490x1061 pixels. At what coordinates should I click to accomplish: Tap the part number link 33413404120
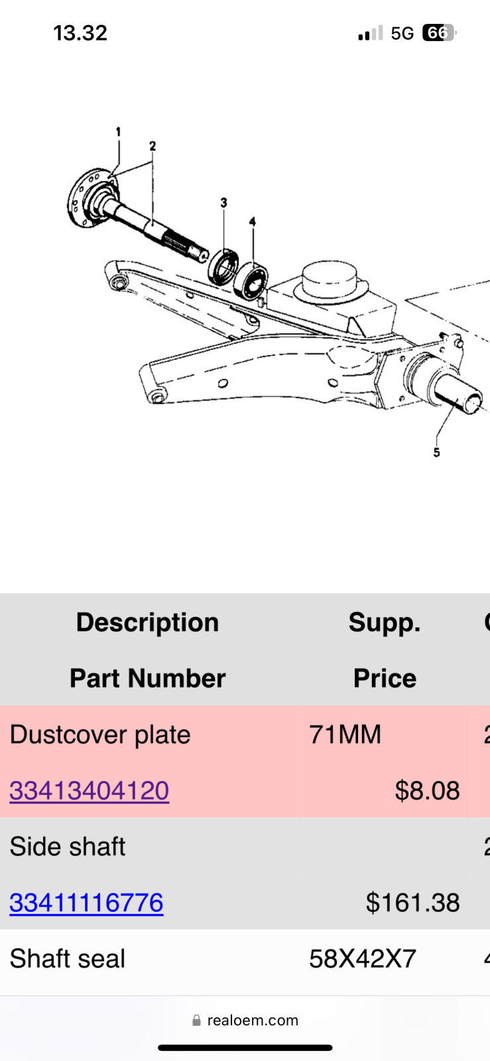pyautogui.click(x=89, y=790)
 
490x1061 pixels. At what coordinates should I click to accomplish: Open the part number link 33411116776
pyautogui.click(x=86, y=903)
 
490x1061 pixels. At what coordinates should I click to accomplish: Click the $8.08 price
pyautogui.click(x=427, y=790)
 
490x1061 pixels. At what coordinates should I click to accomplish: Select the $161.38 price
pyautogui.click(x=412, y=903)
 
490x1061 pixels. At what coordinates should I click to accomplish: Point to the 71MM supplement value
pyautogui.click(x=345, y=735)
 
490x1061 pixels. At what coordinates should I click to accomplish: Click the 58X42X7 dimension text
pyautogui.click(x=363, y=959)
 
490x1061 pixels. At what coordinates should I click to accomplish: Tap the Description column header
pyautogui.click(x=147, y=623)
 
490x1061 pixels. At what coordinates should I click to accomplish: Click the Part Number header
pyautogui.click(x=147, y=678)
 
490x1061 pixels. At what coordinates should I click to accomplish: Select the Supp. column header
pyautogui.click(x=385, y=623)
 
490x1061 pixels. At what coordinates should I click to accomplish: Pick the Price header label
pyautogui.click(x=385, y=678)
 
